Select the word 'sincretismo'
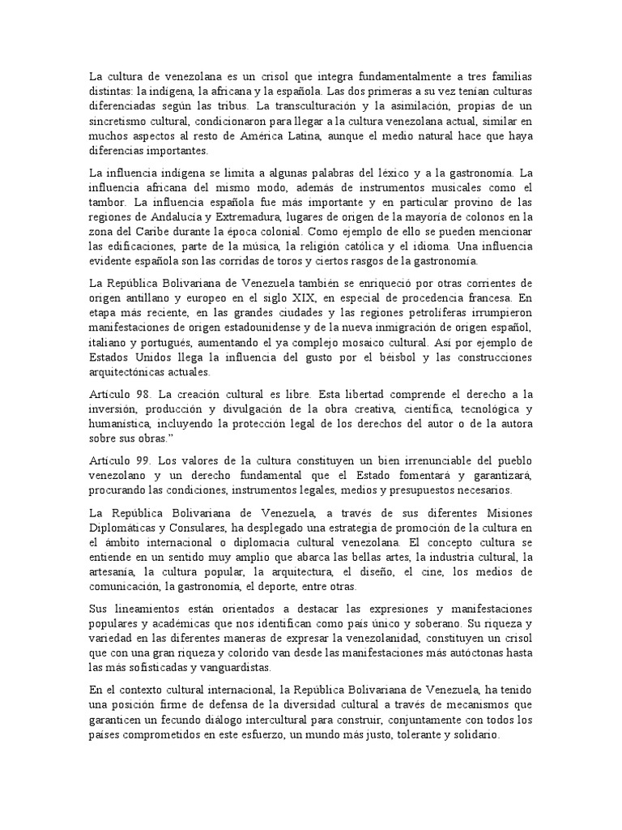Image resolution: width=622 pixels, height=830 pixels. coord(120,122)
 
